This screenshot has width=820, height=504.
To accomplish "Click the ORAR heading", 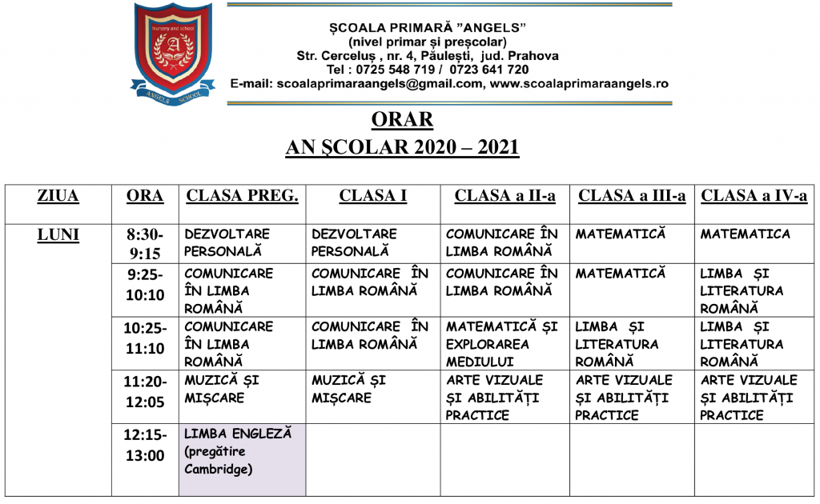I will (402, 120).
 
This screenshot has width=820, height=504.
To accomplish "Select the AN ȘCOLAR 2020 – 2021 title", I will (402, 147).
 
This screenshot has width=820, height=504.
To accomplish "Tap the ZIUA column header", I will (58, 196).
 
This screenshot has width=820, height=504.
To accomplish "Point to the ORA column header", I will (145, 196).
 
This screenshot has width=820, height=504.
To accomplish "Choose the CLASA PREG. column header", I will (242, 196).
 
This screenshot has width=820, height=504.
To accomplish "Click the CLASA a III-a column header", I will (632, 196).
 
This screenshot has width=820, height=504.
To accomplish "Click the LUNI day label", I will (58, 234).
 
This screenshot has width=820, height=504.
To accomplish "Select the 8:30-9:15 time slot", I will (145, 243).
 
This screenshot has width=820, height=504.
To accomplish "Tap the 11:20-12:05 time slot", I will (145, 390).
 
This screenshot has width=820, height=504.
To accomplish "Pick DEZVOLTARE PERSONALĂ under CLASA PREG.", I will (227, 242).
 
